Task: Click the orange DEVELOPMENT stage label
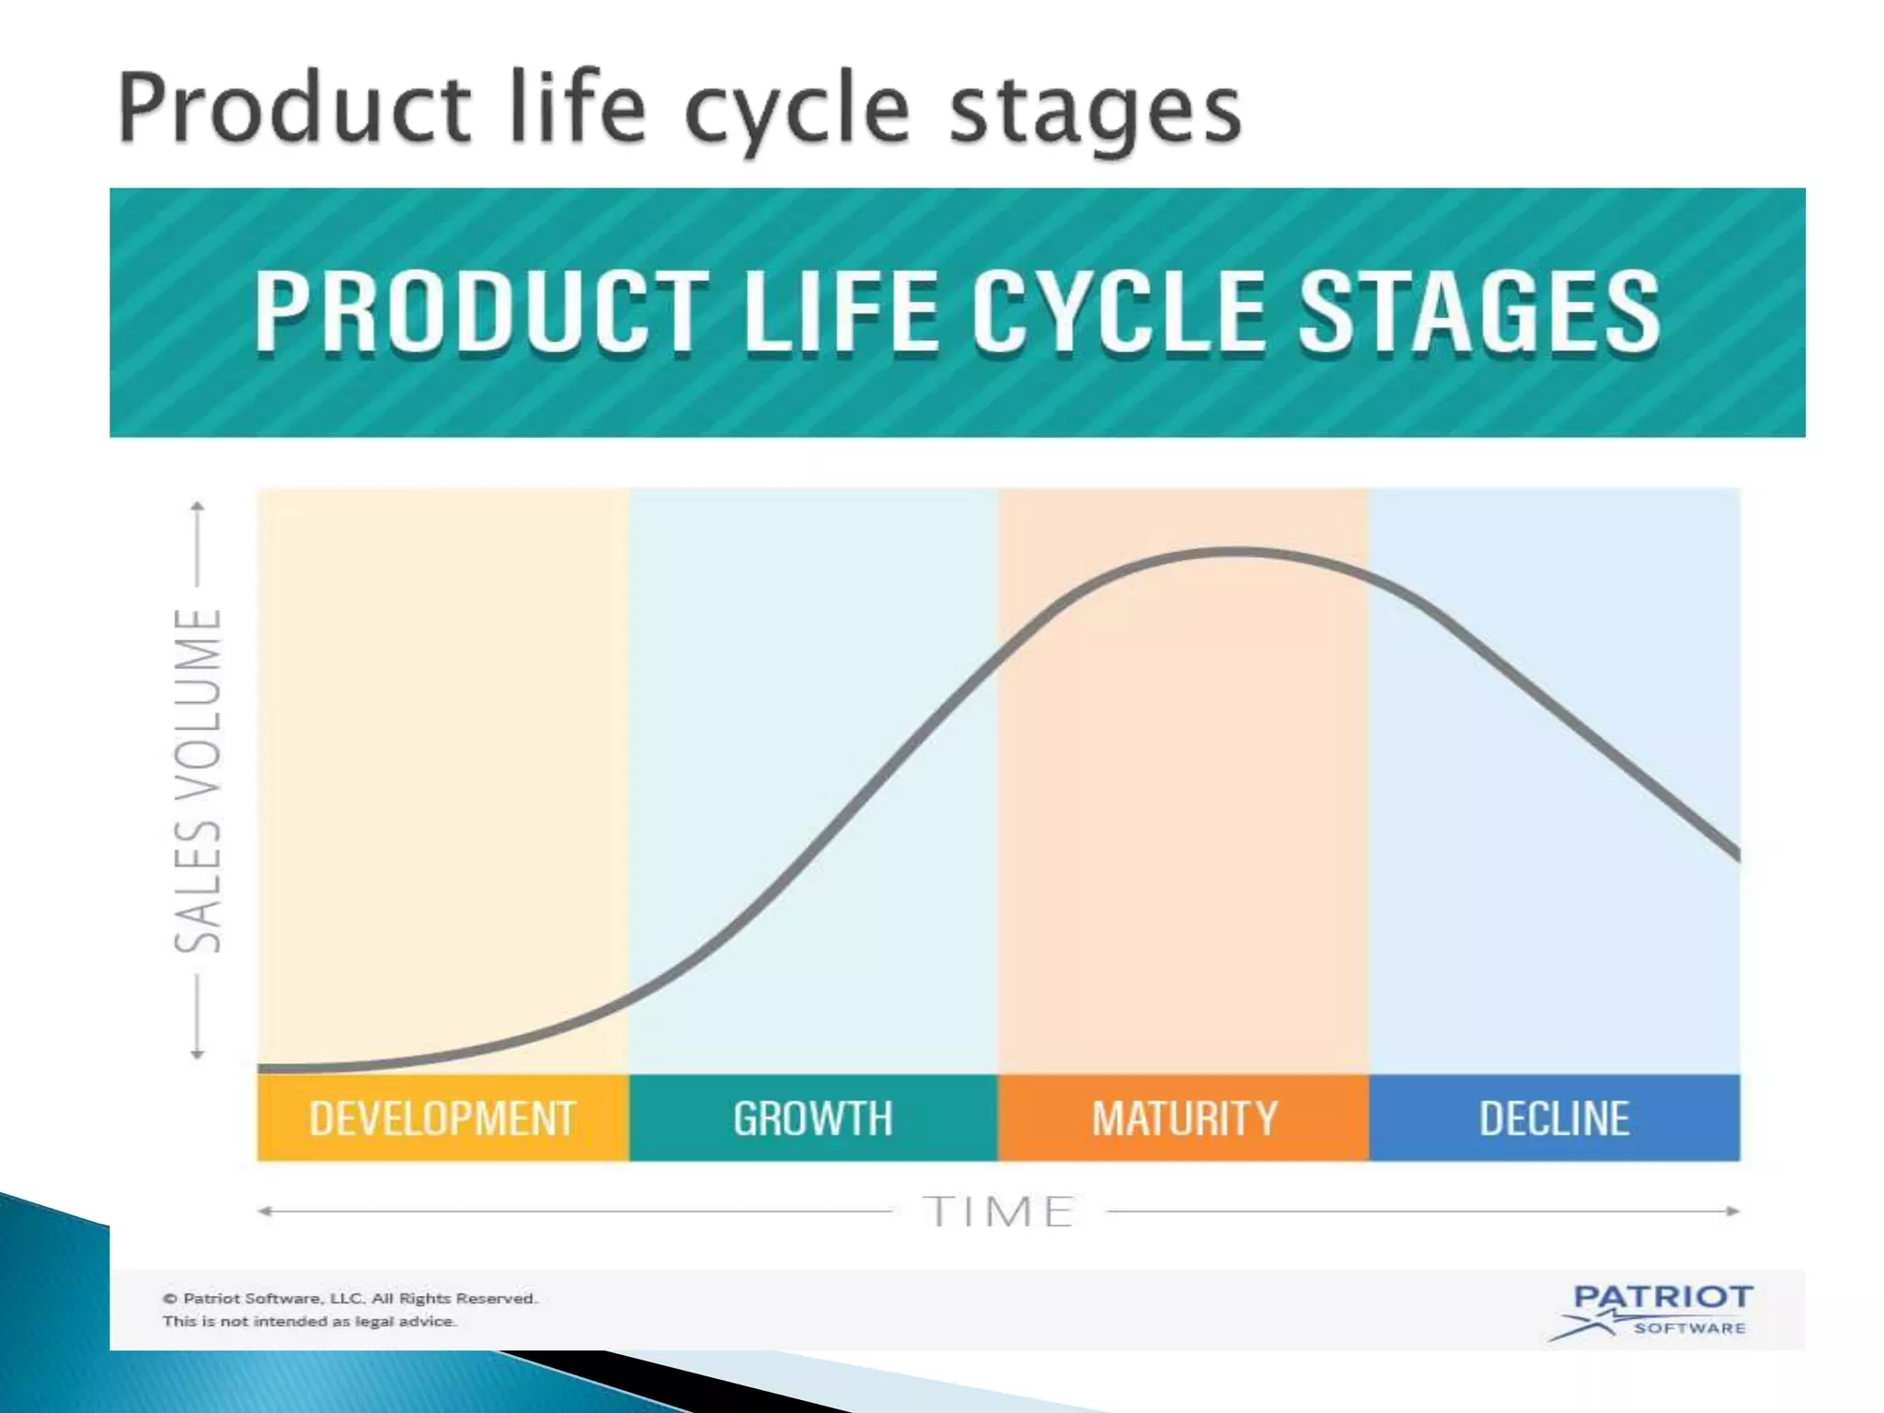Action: (x=442, y=1118)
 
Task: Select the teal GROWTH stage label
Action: (x=813, y=1118)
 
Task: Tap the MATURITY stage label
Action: (x=1184, y=1118)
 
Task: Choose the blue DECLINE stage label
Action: (x=1554, y=1118)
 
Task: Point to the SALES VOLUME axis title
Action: (x=198, y=779)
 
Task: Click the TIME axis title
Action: (x=999, y=1212)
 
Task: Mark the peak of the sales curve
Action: (x=1237, y=552)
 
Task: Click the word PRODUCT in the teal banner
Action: (x=480, y=313)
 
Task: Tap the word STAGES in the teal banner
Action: (x=1480, y=313)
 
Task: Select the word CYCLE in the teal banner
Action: (x=1120, y=313)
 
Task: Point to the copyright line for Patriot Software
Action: (x=350, y=1298)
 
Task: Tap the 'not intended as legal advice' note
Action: (x=309, y=1321)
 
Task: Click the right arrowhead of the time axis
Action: (x=1733, y=1212)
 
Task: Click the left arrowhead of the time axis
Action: (x=264, y=1212)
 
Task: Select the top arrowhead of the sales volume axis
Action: (x=197, y=506)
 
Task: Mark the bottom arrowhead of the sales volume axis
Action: (x=197, y=1054)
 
